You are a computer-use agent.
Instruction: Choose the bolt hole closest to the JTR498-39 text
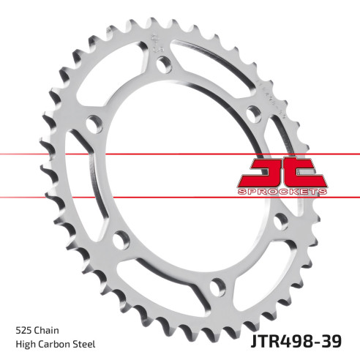(x=214, y=285)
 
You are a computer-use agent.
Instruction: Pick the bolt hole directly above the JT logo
(x=252, y=113)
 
